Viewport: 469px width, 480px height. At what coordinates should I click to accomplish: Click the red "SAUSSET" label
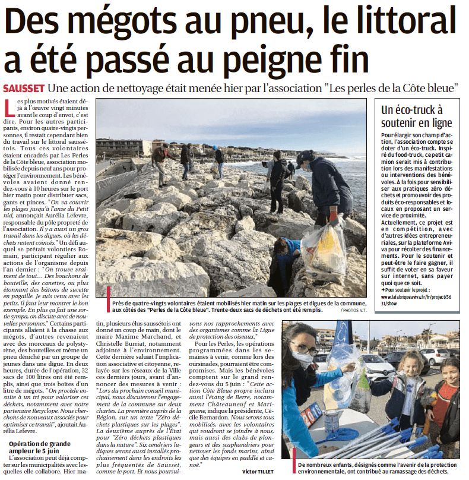pyautogui.click(x=22, y=88)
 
